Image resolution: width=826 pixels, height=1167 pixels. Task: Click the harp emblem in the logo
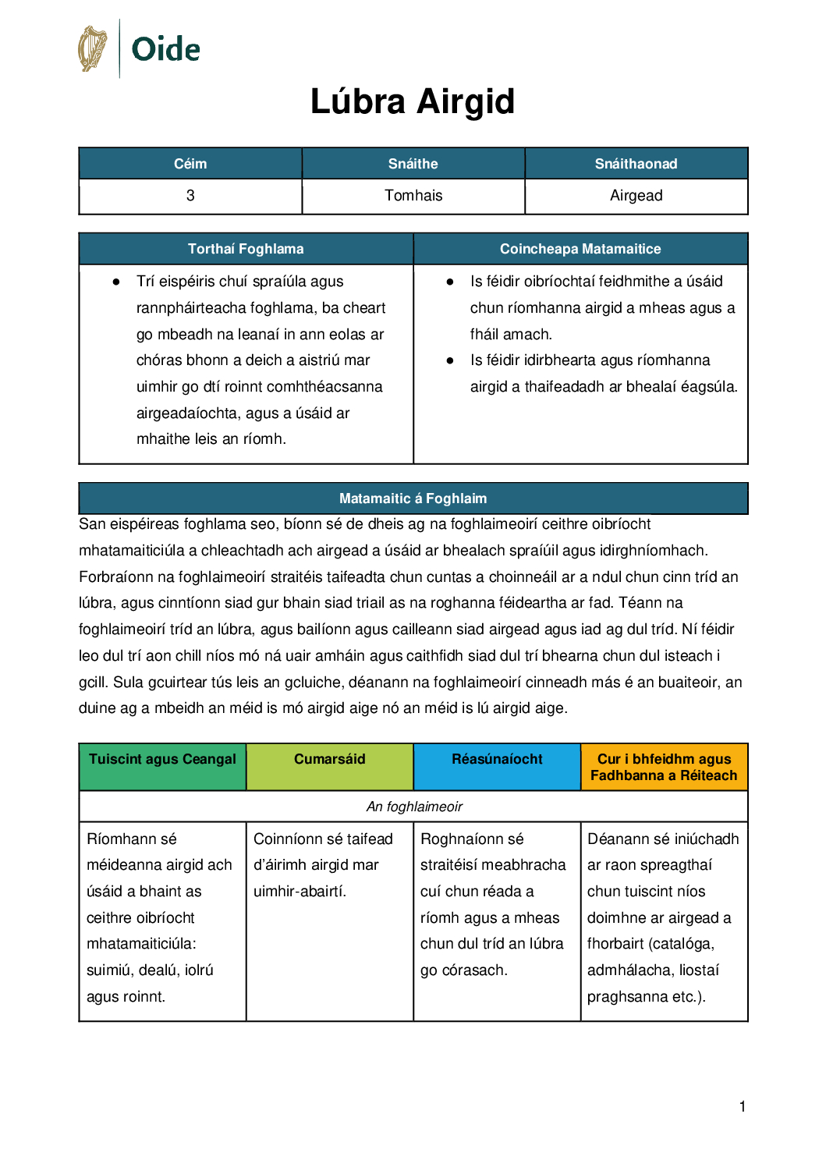[93, 48]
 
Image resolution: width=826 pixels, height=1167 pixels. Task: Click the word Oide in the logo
[165, 49]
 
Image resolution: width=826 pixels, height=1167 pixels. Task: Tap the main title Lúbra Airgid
[413, 101]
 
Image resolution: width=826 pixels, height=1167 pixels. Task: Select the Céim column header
[190, 164]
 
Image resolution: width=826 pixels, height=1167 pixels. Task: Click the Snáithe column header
[413, 164]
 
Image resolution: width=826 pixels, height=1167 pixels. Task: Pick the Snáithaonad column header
[636, 164]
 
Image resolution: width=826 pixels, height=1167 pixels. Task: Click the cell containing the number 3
[190, 196]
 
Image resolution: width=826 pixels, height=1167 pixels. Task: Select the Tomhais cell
[413, 196]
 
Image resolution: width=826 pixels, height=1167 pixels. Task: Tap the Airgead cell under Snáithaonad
[636, 196]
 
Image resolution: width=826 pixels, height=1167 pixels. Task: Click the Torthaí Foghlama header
[246, 249]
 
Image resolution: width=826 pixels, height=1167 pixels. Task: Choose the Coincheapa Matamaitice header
[580, 249]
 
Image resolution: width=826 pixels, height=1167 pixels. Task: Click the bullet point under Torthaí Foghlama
[116, 282]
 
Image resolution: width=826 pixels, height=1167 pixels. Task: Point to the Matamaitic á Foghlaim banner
[413, 498]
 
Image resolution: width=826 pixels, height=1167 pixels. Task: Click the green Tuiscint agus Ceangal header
[162, 760]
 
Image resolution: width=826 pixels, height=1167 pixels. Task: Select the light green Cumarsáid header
[329, 760]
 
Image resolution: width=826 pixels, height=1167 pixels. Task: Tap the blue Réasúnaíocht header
[497, 760]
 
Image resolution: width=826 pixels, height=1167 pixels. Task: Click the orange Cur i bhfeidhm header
[664, 767]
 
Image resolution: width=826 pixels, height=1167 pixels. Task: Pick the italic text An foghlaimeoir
[414, 807]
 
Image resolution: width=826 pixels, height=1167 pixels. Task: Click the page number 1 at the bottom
[743, 1106]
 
